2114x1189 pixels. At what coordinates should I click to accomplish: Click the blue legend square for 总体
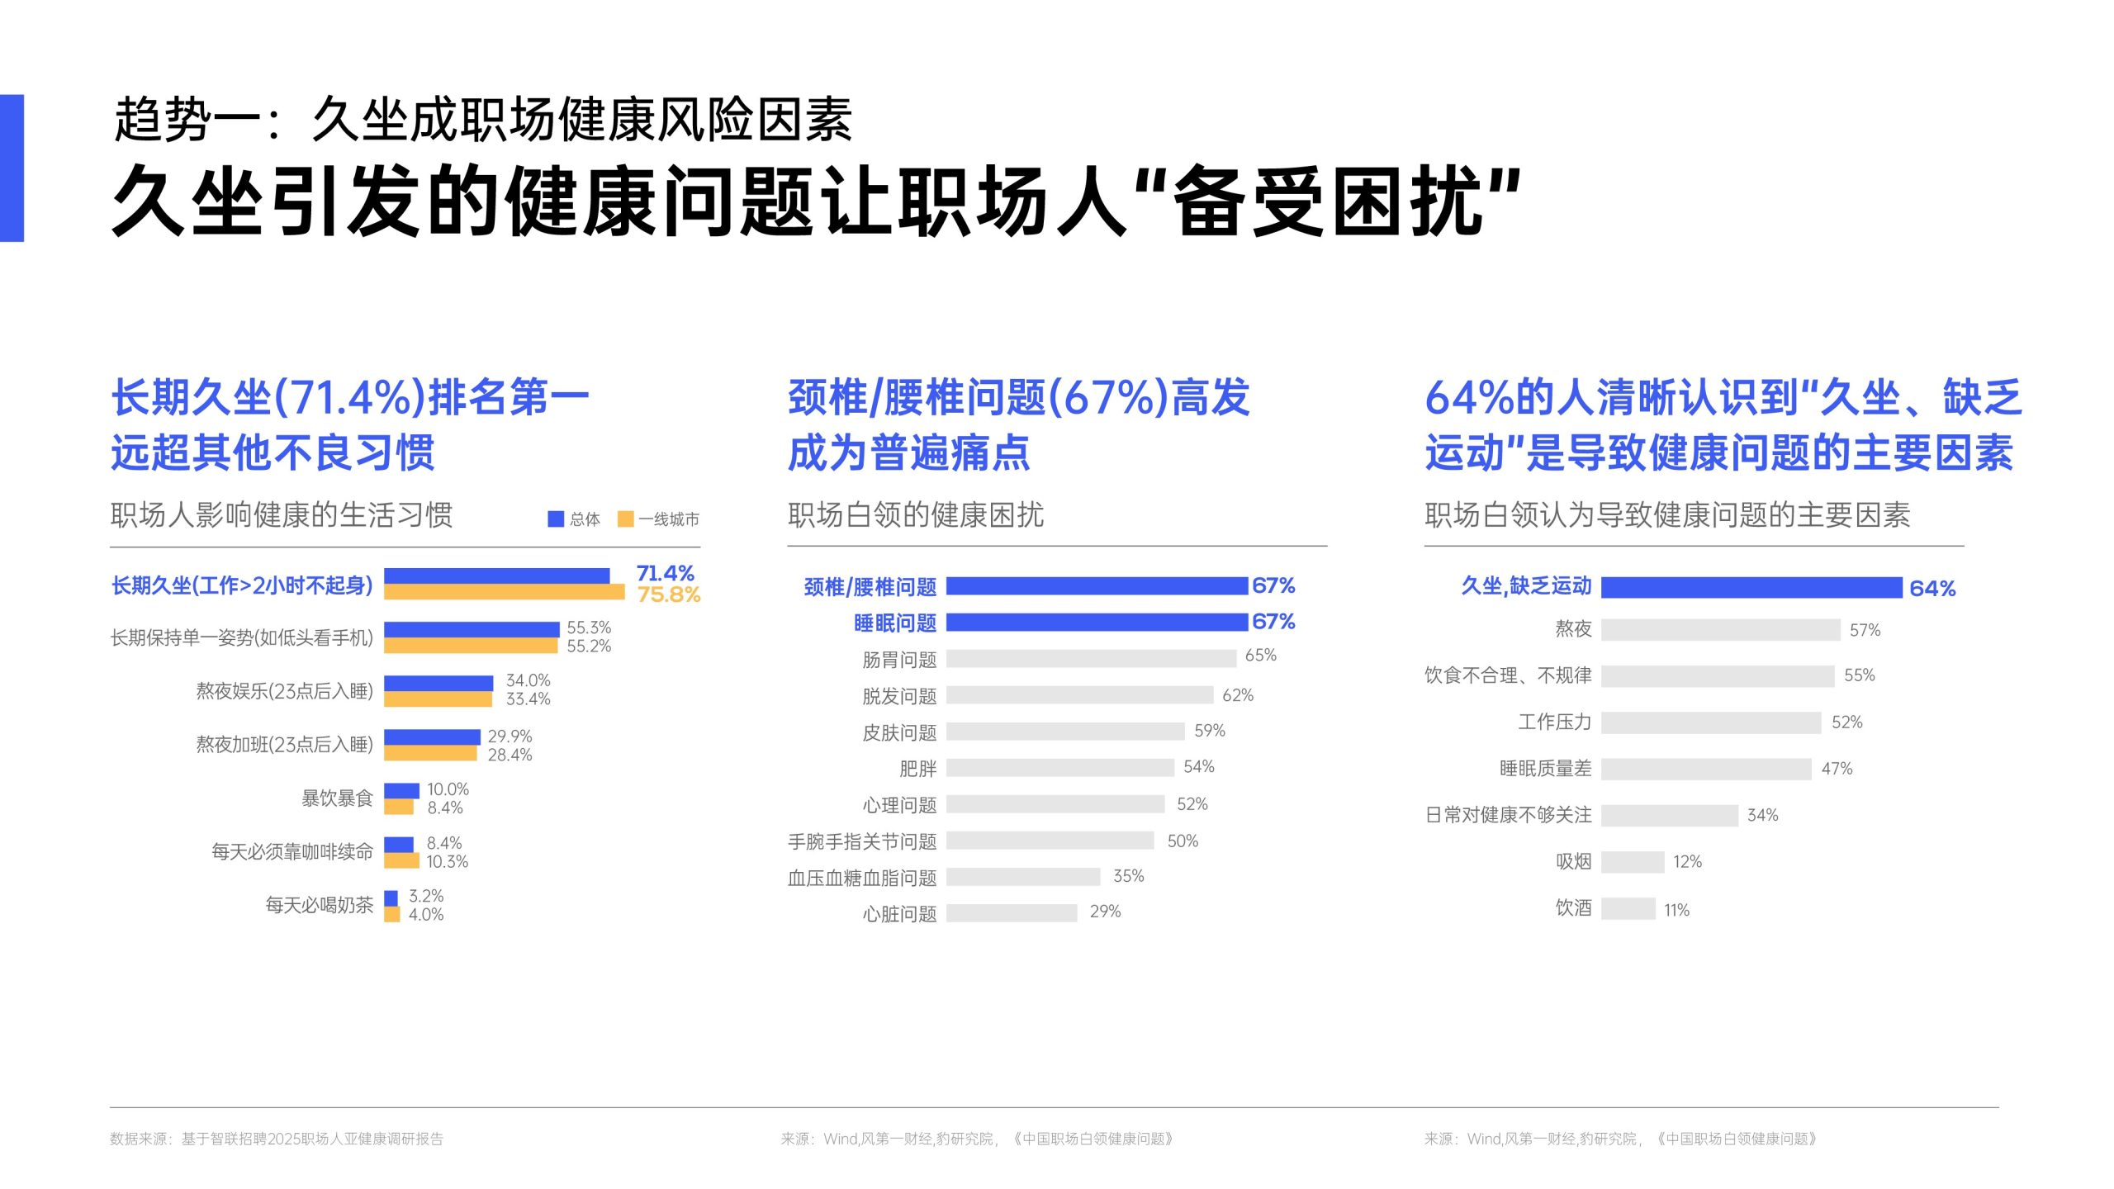click(556, 519)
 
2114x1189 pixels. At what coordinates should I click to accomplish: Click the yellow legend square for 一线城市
click(625, 519)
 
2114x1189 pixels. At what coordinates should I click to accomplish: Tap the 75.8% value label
click(668, 594)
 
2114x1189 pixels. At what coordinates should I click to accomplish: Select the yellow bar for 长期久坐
click(504, 592)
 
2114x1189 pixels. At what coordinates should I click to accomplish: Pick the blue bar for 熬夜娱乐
click(438, 683)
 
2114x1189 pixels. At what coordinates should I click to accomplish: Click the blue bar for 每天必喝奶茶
click(391, 898)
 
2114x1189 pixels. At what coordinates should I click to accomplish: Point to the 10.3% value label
click(447, 862)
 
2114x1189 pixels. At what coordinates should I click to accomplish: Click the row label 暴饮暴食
click(337, 798)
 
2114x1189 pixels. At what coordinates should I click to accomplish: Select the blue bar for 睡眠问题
click(1097, 622)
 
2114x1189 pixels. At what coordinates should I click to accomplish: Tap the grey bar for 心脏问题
click(1012, 912)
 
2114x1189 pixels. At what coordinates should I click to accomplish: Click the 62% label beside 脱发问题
click(1237, 695)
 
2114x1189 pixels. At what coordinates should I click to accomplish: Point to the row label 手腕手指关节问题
click(862, 841)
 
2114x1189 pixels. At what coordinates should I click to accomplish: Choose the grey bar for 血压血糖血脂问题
click(1023, 876)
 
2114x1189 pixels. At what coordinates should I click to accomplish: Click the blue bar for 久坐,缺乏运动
click(1751, 587)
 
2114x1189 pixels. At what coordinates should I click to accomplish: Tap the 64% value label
click(1932, 589)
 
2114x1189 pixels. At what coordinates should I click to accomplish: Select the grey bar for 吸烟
click(1633, 862)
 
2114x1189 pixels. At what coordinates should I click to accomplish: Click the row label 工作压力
click(1554, 722)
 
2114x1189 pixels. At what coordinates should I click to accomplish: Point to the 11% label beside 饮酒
click(1676, 910)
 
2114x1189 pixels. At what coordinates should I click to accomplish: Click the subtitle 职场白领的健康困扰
click(916, 515)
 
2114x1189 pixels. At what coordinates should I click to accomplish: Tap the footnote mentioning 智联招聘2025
click(277, 1139)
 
